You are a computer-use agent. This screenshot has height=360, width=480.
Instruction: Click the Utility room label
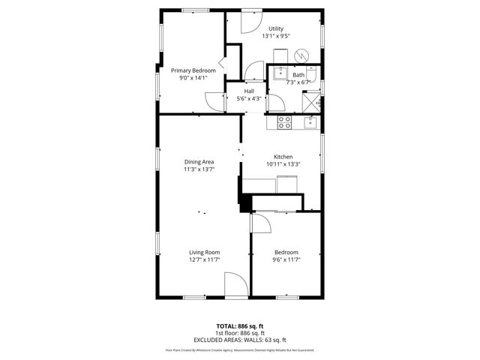tap(276, 28)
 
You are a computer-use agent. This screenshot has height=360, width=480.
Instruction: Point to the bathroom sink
tap(279, 72)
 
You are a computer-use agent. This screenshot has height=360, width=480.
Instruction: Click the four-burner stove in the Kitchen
tap(285, 122)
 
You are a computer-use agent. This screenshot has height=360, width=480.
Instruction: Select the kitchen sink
tap(310, 121)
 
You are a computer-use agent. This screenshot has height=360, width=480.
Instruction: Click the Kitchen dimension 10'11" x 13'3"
tap(283, 164)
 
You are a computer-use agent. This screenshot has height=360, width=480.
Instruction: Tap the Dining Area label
tap(199, 161)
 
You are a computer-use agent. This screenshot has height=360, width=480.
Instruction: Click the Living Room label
tap(203, 252)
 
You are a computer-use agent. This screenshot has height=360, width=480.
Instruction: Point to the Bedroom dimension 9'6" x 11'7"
tap(286, 259)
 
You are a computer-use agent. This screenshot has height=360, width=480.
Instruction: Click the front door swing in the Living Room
tap(235, 285)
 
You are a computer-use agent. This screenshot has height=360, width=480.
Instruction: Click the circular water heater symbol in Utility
tap(302, 56)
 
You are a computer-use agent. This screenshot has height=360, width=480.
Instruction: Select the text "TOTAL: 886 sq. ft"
tap(239, 326)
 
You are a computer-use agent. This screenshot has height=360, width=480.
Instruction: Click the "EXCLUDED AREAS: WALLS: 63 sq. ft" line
tap(239, 340)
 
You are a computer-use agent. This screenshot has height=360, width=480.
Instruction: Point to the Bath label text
tap(298, 75)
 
